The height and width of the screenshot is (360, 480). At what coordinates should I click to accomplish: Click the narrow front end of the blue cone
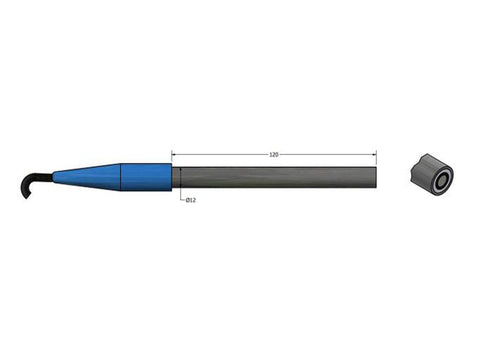coord(56,178)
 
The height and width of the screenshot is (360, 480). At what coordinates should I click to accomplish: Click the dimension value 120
coord(274,155)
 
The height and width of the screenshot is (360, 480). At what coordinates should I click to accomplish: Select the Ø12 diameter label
coord(190,201)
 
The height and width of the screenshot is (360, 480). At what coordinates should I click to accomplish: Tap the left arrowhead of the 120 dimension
coord(175,155)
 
